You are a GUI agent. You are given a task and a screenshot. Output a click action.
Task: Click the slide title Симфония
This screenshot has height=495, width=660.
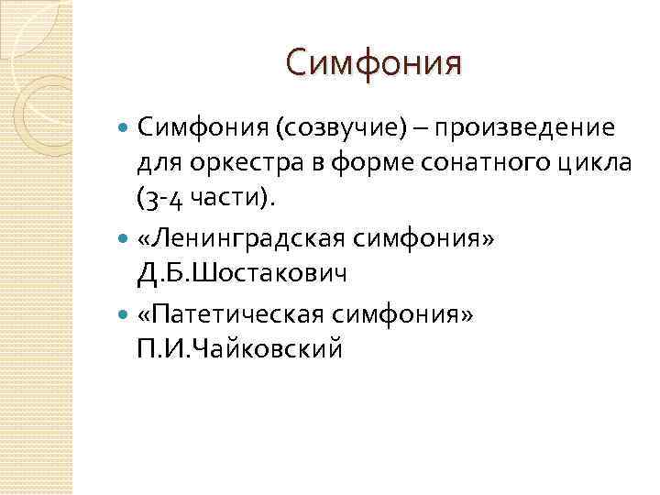[x=374, y=63]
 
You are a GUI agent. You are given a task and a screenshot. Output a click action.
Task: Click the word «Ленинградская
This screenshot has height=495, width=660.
[x=236, y=237]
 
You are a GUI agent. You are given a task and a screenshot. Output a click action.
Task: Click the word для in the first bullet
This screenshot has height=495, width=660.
[x=154, y=163]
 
